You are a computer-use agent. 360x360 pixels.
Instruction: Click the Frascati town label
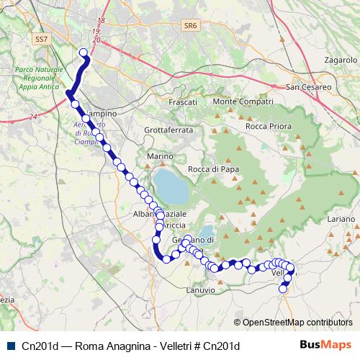pos(182,103)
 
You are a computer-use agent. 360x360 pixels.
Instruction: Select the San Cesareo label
pos(309,87)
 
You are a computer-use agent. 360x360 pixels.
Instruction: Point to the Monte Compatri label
pos(242,102)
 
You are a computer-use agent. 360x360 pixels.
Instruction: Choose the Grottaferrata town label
pos(168,130)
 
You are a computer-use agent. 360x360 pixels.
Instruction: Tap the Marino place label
pos(160,156)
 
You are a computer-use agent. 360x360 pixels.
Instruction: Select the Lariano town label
pos(341,217)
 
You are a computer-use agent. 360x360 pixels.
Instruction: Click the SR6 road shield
pos(190,25)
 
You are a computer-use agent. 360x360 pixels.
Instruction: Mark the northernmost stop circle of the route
pos(84,52)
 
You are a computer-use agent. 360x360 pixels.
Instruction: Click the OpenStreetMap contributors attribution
pos(293,323)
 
